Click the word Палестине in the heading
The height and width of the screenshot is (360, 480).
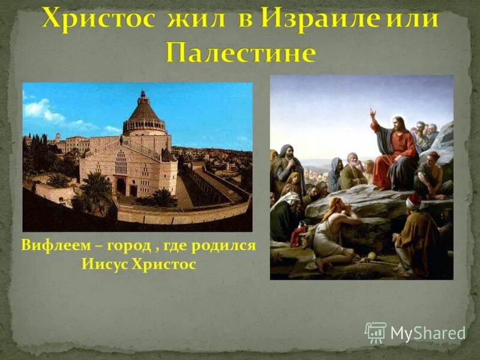pos(240,53)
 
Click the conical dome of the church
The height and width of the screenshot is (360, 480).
pos(144,111)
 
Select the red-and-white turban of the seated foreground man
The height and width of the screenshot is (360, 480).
pos(413,201)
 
